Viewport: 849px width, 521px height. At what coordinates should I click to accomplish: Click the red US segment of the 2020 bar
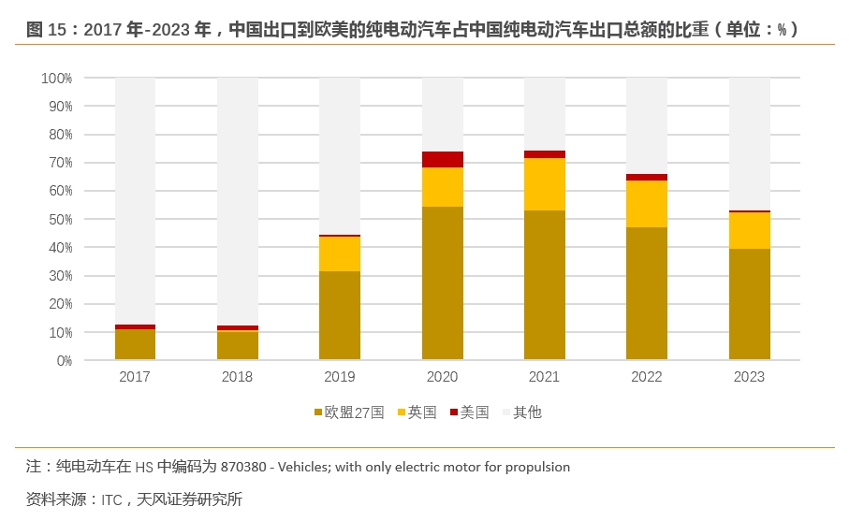click(x=443, y=159)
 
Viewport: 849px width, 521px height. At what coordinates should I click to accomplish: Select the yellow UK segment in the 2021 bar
click(x=545, y=184)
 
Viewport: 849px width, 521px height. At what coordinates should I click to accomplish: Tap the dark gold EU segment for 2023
click(x=749, y=304)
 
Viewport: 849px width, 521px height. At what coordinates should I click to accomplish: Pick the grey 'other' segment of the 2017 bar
click(x=135, y=200)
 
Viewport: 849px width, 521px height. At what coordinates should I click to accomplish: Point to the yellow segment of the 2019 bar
click(x=340, y=253)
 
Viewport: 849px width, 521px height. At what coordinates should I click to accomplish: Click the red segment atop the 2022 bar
click(x=647, y=177)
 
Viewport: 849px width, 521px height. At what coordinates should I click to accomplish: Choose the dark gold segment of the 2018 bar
click(x=238, y=346)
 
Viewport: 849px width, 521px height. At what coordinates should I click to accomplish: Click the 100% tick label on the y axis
click(x=57, y=79)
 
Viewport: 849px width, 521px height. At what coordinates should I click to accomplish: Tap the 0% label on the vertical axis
click(x=64, y=361)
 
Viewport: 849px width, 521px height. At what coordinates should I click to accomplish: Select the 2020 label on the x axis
click(x=443, y=377)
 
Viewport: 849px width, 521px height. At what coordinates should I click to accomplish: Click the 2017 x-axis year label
click(x=135, y=377)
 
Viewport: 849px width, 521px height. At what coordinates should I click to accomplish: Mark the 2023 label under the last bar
click(x=749, y=377)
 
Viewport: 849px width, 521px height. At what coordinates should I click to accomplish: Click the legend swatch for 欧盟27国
click(x=317, y=412)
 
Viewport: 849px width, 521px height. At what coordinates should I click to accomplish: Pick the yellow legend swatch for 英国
click(x=402, y=412)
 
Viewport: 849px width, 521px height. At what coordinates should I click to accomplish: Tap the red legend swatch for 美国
click(x=454, y=412)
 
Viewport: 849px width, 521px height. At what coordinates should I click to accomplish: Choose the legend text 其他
click(x=528, y=412)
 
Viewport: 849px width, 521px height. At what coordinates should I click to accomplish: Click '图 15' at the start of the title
click(x=45, y=30)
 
